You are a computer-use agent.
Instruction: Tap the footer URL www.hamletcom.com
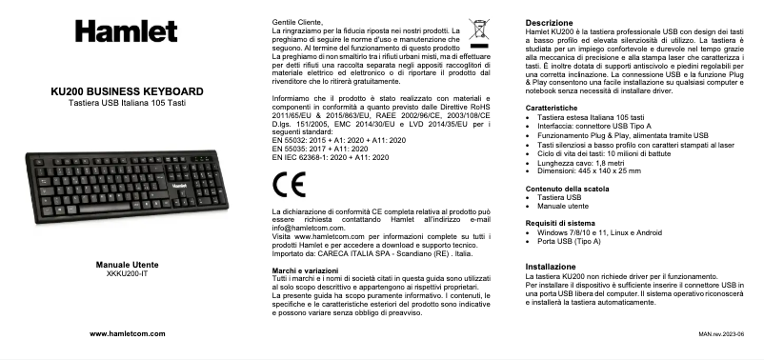127,334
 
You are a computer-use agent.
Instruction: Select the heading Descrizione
550,22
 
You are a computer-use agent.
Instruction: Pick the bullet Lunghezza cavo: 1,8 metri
588,164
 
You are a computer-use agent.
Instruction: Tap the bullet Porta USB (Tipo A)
582,241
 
